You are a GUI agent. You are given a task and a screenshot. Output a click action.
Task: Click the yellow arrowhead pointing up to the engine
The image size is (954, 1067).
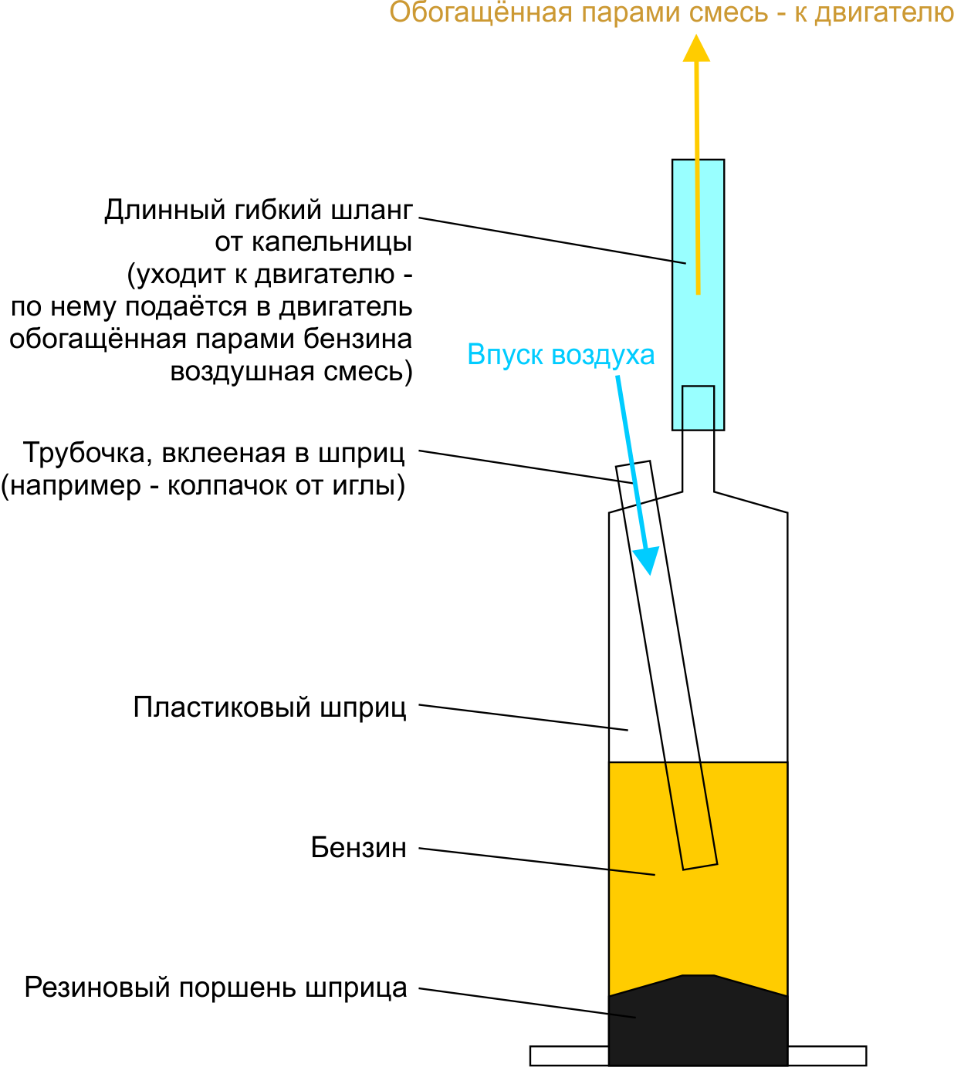pyautogui.click(x=696, y=49)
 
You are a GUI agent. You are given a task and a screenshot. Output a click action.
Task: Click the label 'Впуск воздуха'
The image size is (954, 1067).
pyautogui.click(x=561, y=354)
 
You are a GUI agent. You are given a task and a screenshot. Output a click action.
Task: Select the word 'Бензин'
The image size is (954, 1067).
pyautogui.click(x=358, y=848)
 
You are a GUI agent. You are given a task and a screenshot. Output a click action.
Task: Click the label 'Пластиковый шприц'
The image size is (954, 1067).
pyautogui.click(x=270, y=707)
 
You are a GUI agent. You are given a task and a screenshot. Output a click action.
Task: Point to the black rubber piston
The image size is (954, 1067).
pyautogui.click(x=698, y=1020)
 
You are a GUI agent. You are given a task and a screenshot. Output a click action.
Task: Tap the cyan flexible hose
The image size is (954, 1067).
pyautogui.click(x=698, y=295)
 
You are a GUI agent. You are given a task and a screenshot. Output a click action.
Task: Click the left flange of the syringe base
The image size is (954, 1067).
pyautogui.click(x=570, y=1056)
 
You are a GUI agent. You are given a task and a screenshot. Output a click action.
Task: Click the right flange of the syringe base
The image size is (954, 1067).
pyautogui.click(x=827, y=1056)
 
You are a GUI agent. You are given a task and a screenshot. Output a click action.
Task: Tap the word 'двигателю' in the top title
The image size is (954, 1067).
pyautogui.click(x=884, y=12)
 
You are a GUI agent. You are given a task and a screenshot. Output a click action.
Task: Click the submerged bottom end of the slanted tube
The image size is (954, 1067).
pyautogui.click(x=700, y=867)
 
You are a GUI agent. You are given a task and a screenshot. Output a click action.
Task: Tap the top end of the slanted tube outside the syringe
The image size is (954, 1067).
pyautogui.click(x=633, y=464)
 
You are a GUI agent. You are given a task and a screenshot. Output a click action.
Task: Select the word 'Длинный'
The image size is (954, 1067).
pyautogui.click(x=165, y=210)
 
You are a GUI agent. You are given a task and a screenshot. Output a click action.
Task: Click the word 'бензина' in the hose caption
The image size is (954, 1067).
pyautogui.click(x=357, y=339)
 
